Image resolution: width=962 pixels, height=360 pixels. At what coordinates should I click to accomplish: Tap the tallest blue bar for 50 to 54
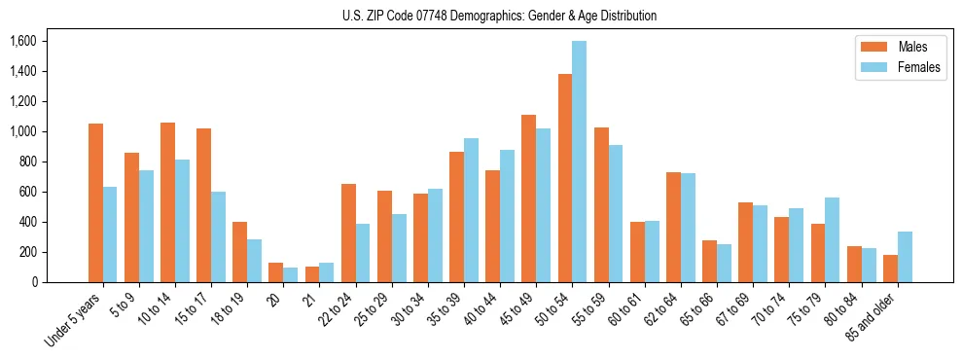[x=579, y=162]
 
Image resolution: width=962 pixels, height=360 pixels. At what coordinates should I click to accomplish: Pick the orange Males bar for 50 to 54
[x=564, y=178]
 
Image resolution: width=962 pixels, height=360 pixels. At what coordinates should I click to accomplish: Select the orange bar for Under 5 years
[x=95, y=202]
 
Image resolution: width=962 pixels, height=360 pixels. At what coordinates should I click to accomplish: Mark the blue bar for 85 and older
[x=905, y=257]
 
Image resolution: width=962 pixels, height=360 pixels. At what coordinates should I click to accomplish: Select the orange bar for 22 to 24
[x=348, y=233]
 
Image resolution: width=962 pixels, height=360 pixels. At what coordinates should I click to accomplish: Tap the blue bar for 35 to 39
[x=471, y=210]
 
